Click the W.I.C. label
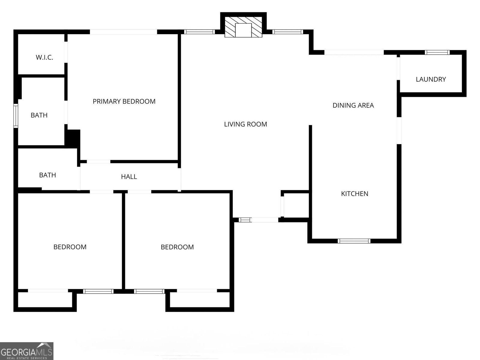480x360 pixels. coord(44,57)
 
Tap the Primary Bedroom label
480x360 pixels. coord(124,101)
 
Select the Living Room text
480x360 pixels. coord(245,124)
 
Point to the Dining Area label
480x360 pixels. coord(353,105)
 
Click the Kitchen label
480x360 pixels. coord(355,194)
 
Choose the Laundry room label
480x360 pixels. coord(431,79)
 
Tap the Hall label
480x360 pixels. coord(129,177)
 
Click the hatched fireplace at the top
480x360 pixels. coord(243,27)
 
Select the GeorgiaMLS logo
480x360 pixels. coord(26,351)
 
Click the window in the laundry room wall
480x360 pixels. coord(437,52)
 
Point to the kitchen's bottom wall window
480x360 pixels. coord(354,241)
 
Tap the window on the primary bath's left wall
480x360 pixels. coord(16,115)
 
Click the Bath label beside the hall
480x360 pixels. coord(47,175)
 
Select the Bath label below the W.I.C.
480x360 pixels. coord(39,115)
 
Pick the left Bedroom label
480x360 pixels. coord(70,247)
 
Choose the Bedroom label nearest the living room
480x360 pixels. coord(177,247)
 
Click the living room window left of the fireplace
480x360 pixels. coord(199,32)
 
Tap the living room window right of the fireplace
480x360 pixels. coord(287,32)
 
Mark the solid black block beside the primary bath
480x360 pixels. coord(73,138)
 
